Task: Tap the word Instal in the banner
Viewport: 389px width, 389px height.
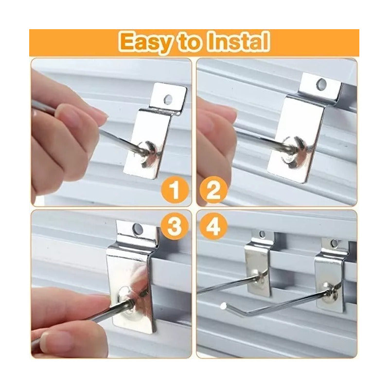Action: [239, 41]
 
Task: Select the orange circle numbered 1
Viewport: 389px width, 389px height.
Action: [175, 190]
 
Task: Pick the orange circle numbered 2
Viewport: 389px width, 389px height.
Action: [213, 190]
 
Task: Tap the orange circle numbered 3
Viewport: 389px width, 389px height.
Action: [175, 226]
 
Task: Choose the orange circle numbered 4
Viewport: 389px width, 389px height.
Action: [213, 226]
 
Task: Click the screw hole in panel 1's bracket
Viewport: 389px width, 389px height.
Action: [168, 99]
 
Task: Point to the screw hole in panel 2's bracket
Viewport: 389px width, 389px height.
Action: [321, 84]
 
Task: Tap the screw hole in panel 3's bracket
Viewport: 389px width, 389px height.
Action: [138, 230]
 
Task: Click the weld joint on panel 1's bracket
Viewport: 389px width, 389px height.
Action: [148, 151]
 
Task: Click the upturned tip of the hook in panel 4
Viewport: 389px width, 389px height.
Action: [223, 306]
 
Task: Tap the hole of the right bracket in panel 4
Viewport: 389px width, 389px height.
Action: [334, 243]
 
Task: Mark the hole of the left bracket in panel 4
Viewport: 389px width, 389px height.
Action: [262, 234]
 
